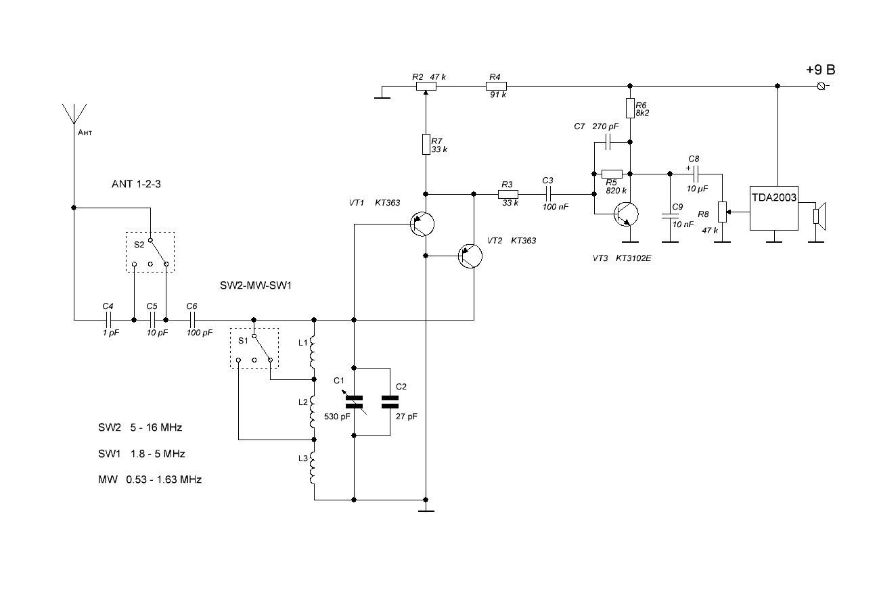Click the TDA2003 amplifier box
773,208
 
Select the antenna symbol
74,114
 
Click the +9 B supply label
820,70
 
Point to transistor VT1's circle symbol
422,224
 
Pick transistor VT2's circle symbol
470,256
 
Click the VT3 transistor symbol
627,214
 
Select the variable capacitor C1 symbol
355,402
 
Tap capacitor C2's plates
390,402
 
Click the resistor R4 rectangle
497,86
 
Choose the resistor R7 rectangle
426,144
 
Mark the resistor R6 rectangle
630,108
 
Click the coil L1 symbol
313,352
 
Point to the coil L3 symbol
313,468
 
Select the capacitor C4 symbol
108,320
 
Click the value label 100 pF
200,333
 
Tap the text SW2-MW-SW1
256,285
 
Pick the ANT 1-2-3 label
136,184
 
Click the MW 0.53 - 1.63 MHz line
150,479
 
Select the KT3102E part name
633,258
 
